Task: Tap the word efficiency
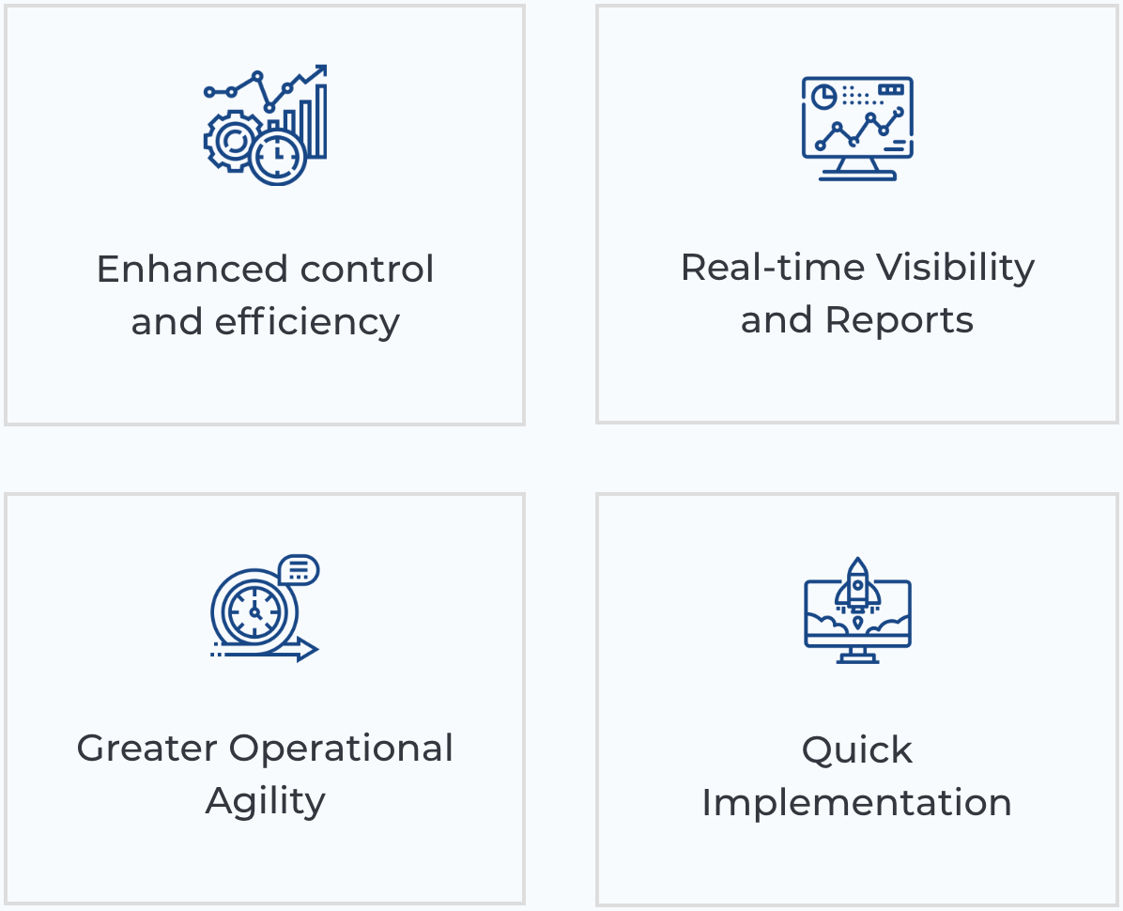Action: pos(307,322)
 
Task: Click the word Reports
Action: pos(899,321)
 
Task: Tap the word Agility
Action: pos(265,801)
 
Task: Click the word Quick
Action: pos(856,750)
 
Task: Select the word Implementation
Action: pos(856,803)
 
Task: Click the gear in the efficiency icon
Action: pos(229,141)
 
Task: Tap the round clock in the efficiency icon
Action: pos(278,156)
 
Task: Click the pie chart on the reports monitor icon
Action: pos(824,96)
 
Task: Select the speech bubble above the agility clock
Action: pos(299,569)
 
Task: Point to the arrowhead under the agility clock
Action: pos(307,649)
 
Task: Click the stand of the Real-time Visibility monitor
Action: pos(857,168)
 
